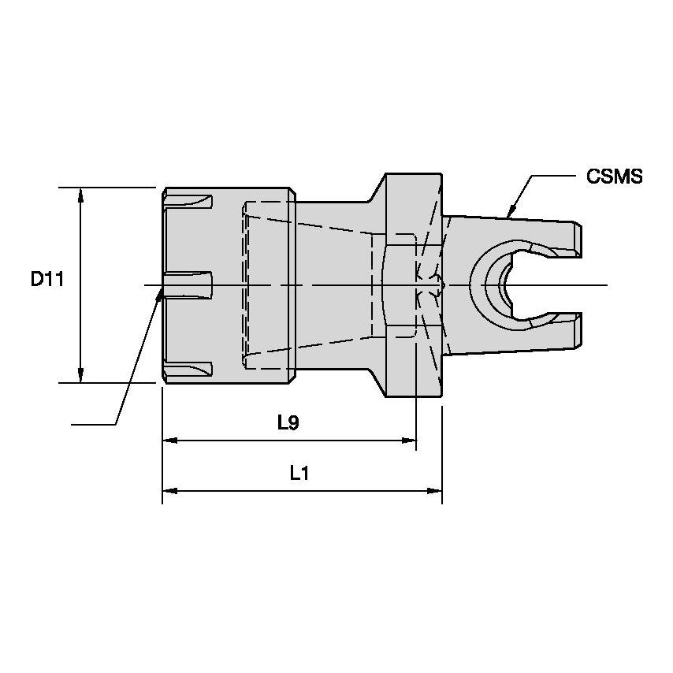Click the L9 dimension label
(x=288, y=423)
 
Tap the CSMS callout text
(x=615, y=177)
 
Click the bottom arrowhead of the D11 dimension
(x=80, y=376)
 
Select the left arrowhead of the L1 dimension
(x=169, y=491)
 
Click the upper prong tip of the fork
(x=578, y=239)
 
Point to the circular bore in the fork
(x=500, y=284)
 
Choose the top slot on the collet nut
(x=190, y=202)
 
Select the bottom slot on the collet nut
(x=190, y=369)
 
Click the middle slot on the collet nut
(x=189, y=284)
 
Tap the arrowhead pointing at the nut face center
(x=163, y=293)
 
